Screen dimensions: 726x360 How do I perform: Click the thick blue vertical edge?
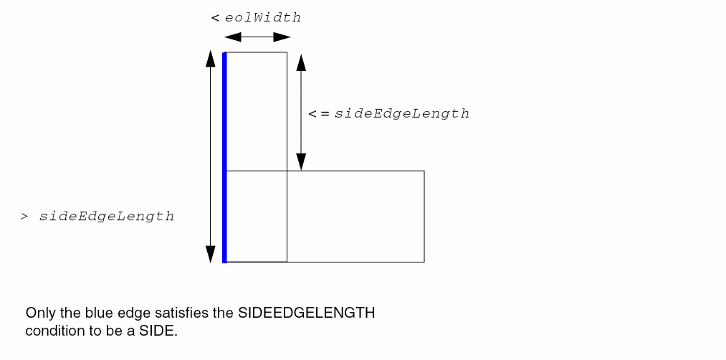(224, 158)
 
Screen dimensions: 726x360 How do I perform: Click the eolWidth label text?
(263, 18)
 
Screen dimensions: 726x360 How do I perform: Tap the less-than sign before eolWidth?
(215, 19)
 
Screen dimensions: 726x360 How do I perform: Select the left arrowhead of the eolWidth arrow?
(232, 37)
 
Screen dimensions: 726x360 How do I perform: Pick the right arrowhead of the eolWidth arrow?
(282, 37)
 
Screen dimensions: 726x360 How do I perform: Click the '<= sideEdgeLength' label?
(389, 114)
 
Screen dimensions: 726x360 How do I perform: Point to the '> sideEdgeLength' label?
(97, 217)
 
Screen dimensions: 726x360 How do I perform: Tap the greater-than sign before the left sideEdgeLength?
(24, 217)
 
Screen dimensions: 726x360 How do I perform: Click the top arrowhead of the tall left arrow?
(211, 58)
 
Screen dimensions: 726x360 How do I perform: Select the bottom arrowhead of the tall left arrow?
(211, 255)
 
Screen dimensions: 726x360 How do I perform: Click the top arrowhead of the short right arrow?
(302, 62)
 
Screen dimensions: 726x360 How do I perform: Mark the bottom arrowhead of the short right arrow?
(302, 161)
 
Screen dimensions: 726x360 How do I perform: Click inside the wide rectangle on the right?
(355, 217)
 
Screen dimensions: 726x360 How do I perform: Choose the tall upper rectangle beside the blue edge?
(257, 111)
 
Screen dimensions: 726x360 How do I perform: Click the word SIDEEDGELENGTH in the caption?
(307, 313)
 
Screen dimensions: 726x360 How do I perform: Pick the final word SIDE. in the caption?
(158, 331)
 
